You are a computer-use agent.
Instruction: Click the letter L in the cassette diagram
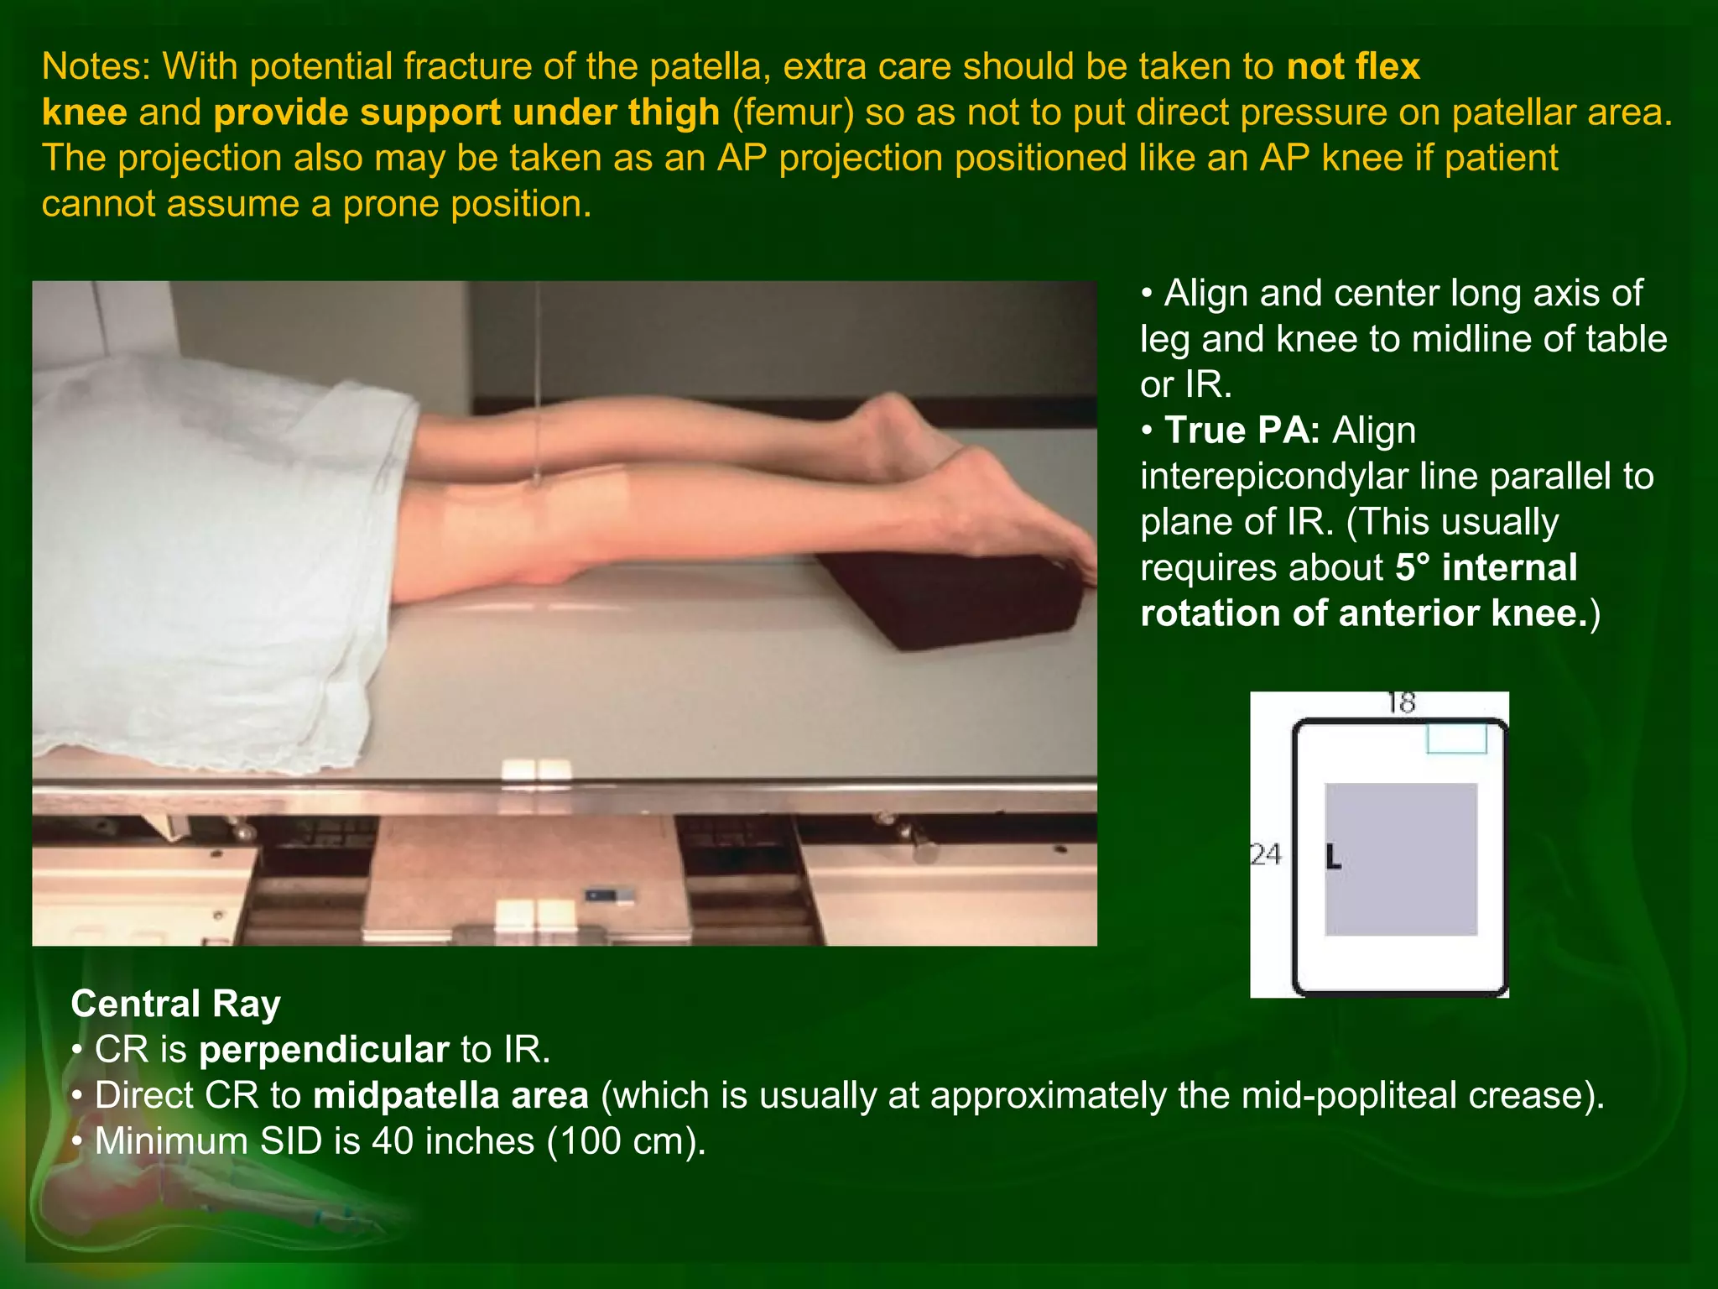[x=1333, y=858]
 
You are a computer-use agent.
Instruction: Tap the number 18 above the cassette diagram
[x=1401, y=702]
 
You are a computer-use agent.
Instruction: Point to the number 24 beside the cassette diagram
[x=1266, y=854]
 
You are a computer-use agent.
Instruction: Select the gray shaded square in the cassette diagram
[x=1401, y=859]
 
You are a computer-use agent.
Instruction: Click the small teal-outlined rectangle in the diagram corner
[x=1457, y=738]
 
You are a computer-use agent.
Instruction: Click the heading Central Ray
[x=175, y=1004]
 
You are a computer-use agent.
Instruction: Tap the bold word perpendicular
[x=324, y=1050]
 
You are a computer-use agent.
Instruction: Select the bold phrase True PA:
[x=1242, y=431]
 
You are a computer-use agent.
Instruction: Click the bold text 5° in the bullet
[x=1413, y=568]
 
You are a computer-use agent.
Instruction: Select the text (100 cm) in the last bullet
[x=627, y=1142]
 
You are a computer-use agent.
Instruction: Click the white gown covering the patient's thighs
[x=210, y=545]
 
